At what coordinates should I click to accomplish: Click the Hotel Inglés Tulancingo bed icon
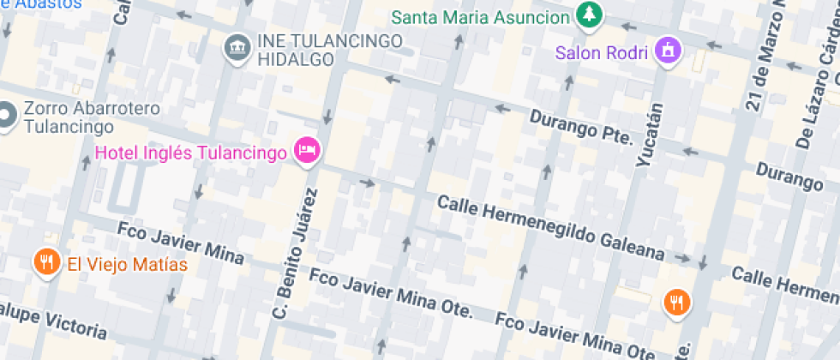tap(307, 152)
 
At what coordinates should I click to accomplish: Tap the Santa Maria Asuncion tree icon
tap(588, 15)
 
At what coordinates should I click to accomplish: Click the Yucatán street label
tap(651, 134)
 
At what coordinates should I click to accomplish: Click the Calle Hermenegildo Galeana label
tap(550, 227)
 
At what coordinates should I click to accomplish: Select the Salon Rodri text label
tap(603, 52)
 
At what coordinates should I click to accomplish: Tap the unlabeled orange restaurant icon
tap(676, 301)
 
